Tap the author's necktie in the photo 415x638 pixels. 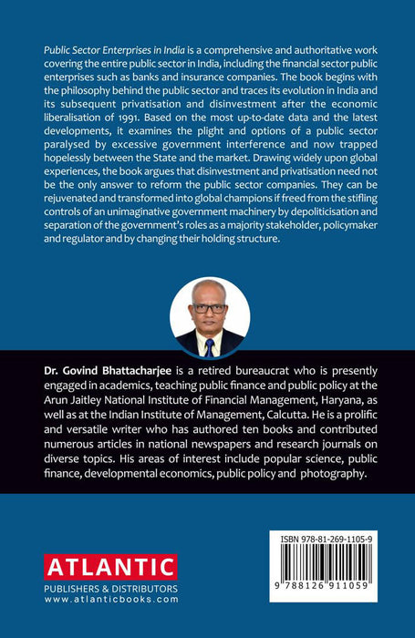[210, 346]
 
